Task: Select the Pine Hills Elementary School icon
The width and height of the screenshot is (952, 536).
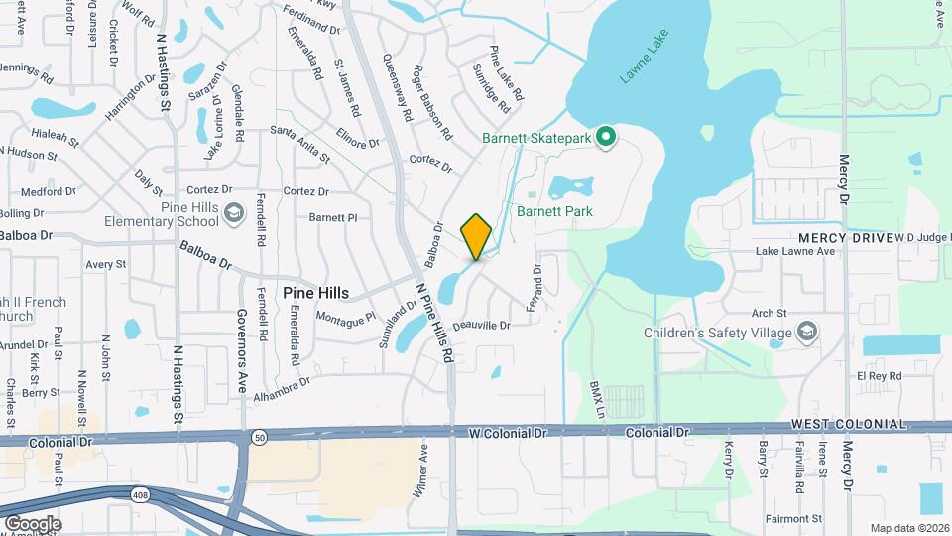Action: pyautogui.click(x=233, y=213)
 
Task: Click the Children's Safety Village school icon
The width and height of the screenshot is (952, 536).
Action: pyautogui.click(x=807, y=333)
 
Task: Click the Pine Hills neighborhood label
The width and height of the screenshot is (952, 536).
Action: pyautogui.click(x=315, y=293)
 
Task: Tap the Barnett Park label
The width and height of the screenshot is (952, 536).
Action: pyautogui.click(x=554, y=211)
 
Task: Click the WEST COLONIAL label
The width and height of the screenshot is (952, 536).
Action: pyautogui.click(x=848, y=425)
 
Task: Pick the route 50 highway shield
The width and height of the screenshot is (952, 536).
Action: pyautogui.click(x=260, y=436)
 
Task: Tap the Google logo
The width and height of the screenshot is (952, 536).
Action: pyautogui.click(x=32, y=523)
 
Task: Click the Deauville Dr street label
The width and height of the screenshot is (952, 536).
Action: pyautogui.click(x=481, y=326)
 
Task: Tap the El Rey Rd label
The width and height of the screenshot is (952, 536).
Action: pyautogui.click(x=882, y=376)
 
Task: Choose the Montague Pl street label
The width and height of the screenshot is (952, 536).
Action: pyautogui.click(x=346, y=317)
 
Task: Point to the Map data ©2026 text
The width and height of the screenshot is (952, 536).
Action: pyautogui.click(x=907, y=527)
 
